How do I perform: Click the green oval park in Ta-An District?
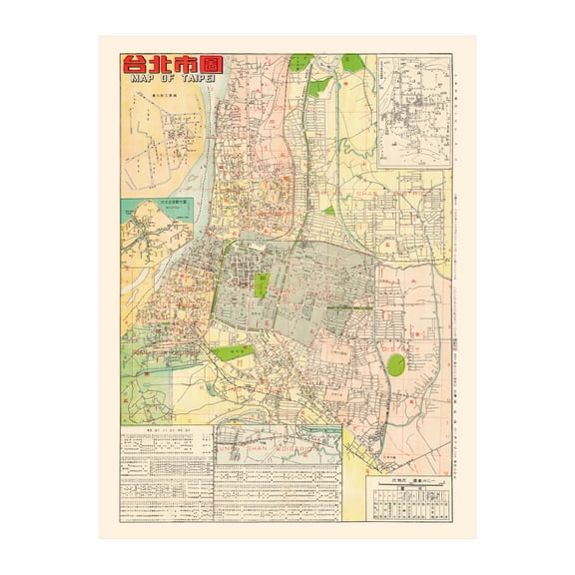coord(396,364)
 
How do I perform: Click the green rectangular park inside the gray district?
coord(262,286)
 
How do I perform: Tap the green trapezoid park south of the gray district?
coord(233,352)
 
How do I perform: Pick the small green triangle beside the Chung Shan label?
coord(329,211)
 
